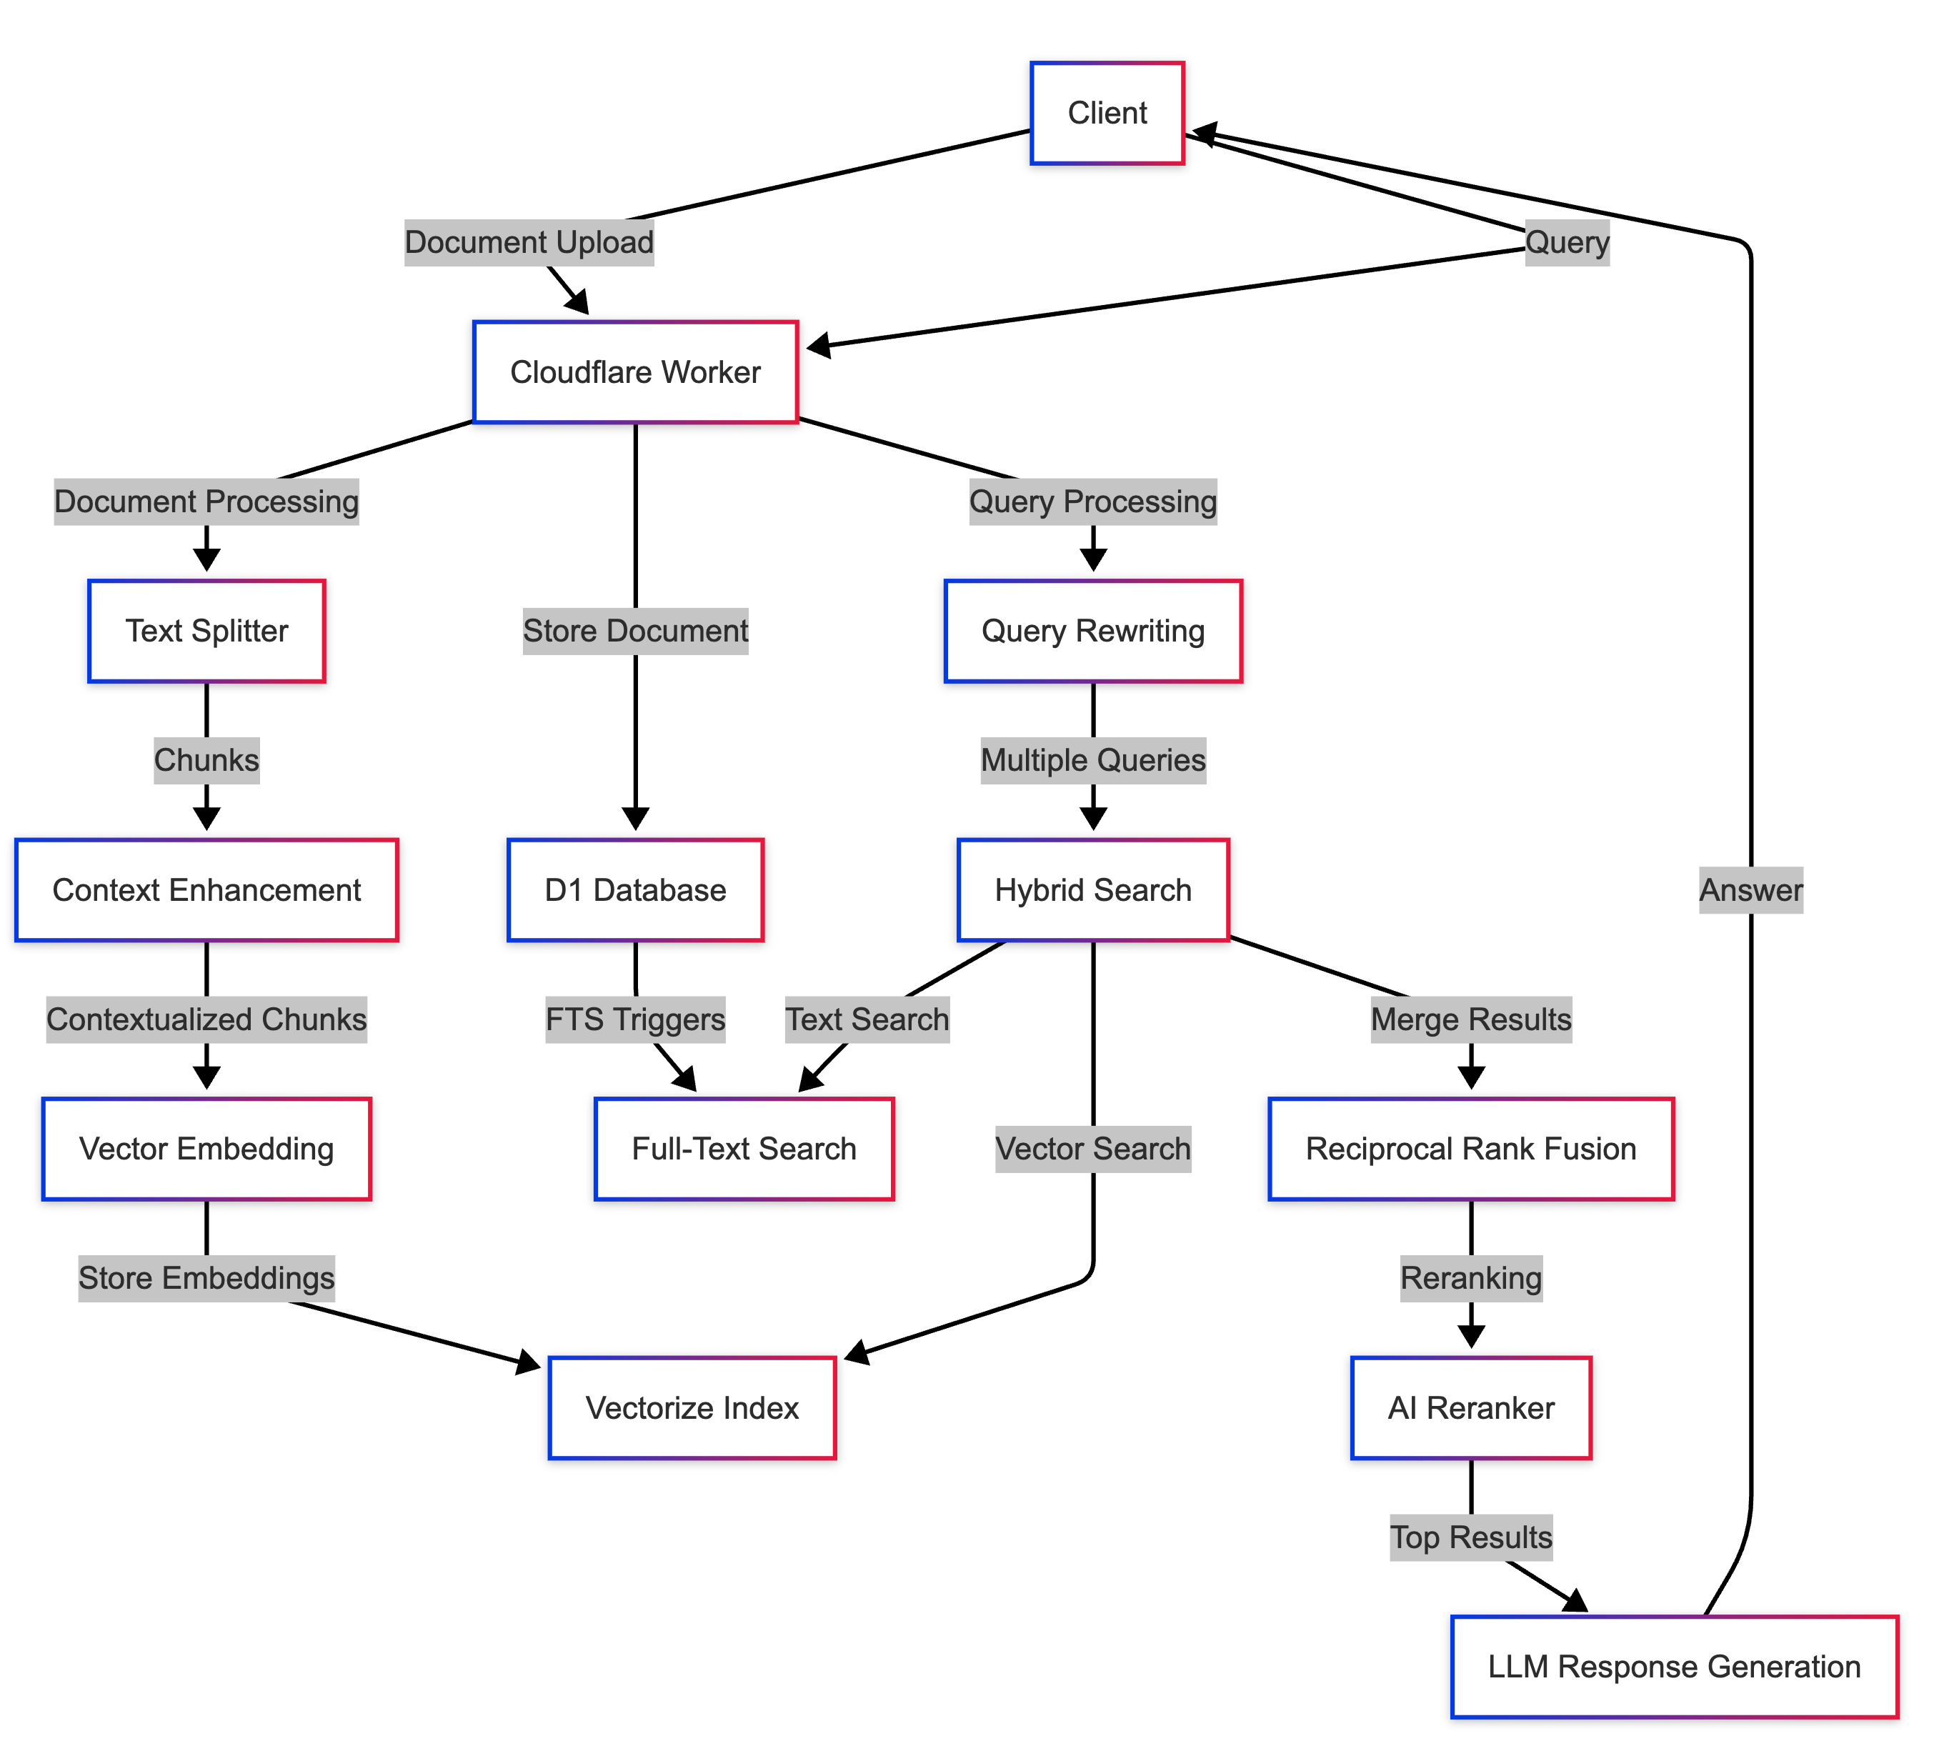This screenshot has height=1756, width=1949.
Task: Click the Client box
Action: coord(1107,113)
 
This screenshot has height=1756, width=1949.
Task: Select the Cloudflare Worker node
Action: coord(635,371)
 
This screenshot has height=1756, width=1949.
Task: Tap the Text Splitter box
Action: coord(206,631)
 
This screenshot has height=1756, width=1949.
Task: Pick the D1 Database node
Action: coord(635,889)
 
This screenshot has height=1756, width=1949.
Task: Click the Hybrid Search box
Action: coord(1092,889)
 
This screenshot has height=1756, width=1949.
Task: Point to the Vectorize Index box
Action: coord(692,1407)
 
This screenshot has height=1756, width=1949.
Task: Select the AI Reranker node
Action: coord(1470,1407)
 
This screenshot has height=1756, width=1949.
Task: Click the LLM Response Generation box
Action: coord(1674,1666)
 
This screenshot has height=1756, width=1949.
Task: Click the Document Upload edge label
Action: coord(529,242)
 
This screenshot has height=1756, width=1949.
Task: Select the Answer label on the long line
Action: coord(1750,889)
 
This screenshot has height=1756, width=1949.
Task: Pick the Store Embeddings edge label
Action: coord(206,1277)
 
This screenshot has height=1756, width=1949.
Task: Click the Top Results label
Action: coord(1470,1537)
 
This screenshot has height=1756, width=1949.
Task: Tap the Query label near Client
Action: coord(1567,242)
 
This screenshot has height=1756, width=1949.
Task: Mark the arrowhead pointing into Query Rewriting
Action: coord(1092,559)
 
